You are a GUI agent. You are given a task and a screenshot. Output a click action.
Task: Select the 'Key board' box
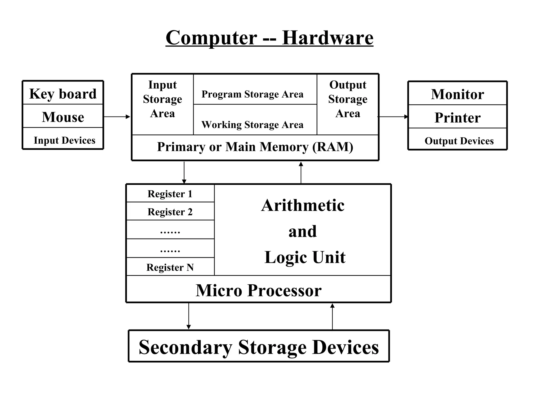pyautogui.click(x=63, y=93)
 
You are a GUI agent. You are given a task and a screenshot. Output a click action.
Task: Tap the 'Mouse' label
pyautogui.click(x=63, y=117)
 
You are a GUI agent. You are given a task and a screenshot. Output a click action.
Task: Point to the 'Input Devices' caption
pyautogui.click(x=64, y=140)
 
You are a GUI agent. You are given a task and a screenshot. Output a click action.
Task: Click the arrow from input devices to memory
pyautogui.click(x=117, y=117)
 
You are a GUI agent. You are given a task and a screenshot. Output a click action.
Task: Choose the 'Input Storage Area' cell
pyautogui.click(x=162, y=99)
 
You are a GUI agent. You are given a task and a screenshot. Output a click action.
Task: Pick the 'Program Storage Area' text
pyautogui.click(x=252, y=94)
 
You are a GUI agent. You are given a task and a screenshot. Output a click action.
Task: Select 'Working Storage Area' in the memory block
pyautogui.click(x=252, y=124)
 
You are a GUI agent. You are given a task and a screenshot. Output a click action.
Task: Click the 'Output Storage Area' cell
pyautogui.click(x=347, y=99)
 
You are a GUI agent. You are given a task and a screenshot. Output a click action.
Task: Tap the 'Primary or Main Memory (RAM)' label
pyautogui.click(x=255, y=147)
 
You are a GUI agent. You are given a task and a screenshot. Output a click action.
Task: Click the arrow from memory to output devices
pyautogui.click(x=393, y=117)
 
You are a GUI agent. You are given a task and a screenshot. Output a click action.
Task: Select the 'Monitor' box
pyautogui.click(x=457, y=94)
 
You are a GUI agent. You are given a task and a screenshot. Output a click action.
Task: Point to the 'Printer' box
pyautogui.click(x=457, y=117)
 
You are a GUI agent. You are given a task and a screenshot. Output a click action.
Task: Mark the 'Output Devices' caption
pyautogui.click(x=459, y=141)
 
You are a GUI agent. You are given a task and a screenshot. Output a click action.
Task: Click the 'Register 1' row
pyautogui.click(x=170, y=194)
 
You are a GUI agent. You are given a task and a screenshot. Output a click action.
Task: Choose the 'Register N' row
pyautogui.click(x=170, y=267)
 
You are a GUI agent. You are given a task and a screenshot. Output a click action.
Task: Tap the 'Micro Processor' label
pyautogui.click(x=258, y=290)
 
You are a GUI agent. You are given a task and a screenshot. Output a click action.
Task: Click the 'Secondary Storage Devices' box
pyautogui.click(x=259, y=347)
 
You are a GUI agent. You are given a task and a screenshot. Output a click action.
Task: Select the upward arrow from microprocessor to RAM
pyautogui.click(x=301, y=173)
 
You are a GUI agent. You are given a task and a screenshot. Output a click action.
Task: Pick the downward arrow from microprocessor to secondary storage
pyautogui.click(x=188, y=316)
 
